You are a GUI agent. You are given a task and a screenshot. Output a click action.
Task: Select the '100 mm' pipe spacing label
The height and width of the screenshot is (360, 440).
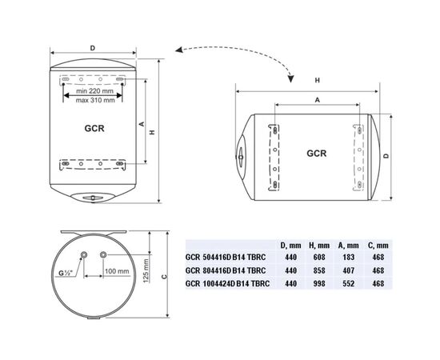[x=118, y=271]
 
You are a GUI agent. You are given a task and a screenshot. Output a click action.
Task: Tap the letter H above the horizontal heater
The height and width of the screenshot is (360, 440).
[x=317, y=81]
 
